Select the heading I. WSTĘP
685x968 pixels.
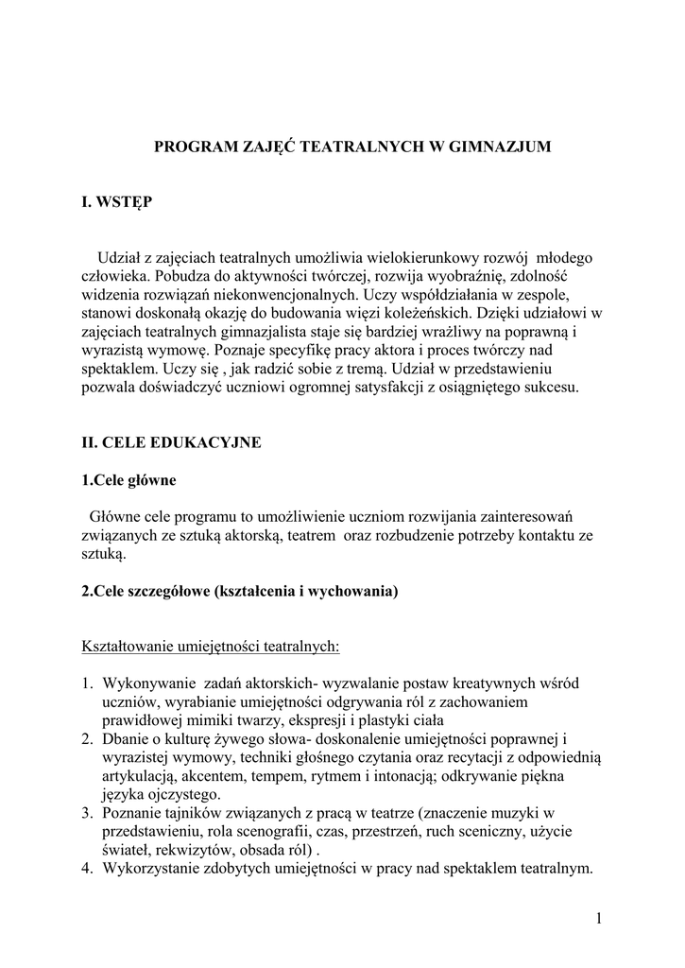point(116,203)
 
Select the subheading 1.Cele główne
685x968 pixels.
point(129,479)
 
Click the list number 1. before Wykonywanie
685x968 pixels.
point(87,683)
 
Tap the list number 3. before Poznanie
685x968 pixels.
point(87,813)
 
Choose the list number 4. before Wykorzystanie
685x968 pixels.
point(87,868)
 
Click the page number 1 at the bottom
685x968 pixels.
point(599,918)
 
